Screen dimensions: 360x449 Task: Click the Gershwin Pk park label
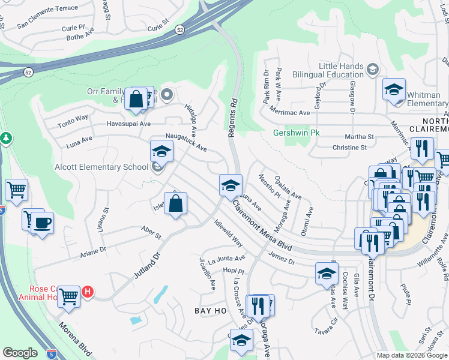coord(297,133)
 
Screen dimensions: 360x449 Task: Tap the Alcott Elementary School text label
coord(101,167)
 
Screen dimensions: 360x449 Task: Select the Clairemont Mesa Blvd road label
coord(263,230)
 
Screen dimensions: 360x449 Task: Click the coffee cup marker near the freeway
coord(41,224)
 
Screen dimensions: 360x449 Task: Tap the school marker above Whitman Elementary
coord(394,90)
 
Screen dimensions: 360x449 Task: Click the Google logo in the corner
coord(20,353)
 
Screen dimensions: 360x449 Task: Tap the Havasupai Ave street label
coord(128,124)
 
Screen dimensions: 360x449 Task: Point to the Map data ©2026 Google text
coord(411,355)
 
